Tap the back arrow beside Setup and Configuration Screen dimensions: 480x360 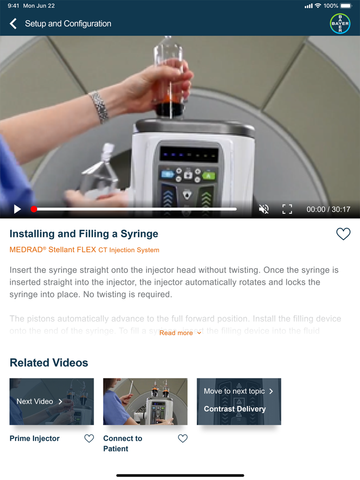click(13, 24)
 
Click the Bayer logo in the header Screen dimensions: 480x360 click(340, 24)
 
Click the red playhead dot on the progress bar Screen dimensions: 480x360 click(34, 209)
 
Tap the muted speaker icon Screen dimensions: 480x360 click(264, 209)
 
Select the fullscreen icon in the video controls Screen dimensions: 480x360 click(287, 209)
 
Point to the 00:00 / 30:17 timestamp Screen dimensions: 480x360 click(328, 210)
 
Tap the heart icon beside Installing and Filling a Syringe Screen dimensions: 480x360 click(343, 234)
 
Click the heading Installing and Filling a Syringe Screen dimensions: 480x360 click(84, 234)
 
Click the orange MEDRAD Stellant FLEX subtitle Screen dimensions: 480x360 click(84, 250)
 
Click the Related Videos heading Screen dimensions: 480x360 click(49, 363)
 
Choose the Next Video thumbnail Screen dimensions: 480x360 click(51, 401)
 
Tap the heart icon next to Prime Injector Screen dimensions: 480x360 click(89, 438)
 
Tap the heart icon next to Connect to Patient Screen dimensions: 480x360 click(183, 438)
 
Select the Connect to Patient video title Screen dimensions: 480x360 click(122, 444)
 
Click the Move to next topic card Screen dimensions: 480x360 click(239, 401)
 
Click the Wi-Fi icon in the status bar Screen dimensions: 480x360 click(318, 6)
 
